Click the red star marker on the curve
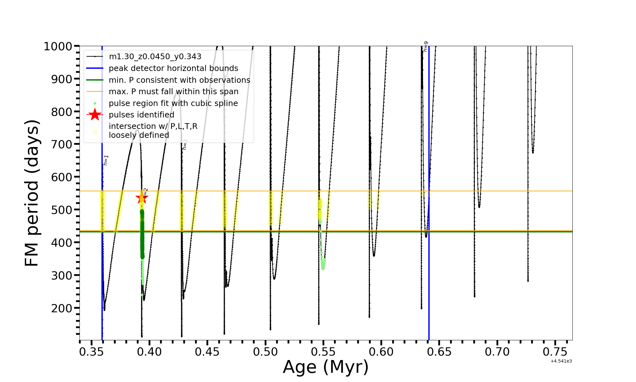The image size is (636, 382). (x=142, y=198)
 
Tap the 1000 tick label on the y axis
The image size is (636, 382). (x=58, y=46)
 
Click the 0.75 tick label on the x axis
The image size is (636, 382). (x=555, y=352)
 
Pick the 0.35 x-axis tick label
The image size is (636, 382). (x=92, y=352)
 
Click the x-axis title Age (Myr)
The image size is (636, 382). (x=326, y=367)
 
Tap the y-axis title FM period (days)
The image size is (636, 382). (x=32, y=193)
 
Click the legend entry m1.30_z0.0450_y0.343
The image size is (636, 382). (x=155, y=57)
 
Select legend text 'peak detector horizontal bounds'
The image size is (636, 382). (x=173, y=68)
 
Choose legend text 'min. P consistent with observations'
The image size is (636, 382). (x=179, y=80)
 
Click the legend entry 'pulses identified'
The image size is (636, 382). (x=142, y=115)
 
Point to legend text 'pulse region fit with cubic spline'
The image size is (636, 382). (x=173, y=103)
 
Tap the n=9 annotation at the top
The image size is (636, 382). (x=425, y=46)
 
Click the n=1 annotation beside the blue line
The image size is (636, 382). (x=106, y=160)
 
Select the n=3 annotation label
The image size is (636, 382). (x=185, y=145)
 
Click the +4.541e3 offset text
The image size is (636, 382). (x=561, y=361)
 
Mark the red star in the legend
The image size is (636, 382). (x=95, y=115)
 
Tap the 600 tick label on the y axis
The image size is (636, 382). (x=62, y=177)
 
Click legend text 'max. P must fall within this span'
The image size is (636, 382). (x=174, y=92)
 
